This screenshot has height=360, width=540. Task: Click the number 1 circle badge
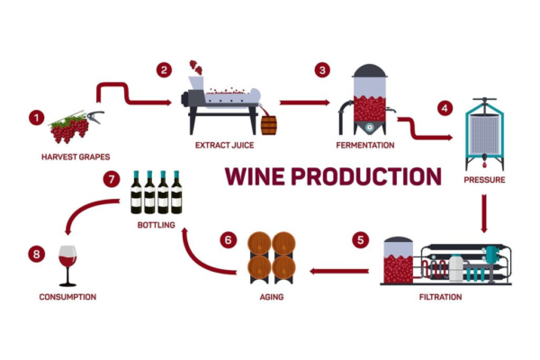(36, 117)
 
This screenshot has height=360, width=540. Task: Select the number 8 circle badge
(36, 255)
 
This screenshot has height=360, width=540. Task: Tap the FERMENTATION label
(364, 144)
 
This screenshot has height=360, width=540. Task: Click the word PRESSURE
(484, 180)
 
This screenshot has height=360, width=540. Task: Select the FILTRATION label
(441, 297)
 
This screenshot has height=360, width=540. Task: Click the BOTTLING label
(156, 225)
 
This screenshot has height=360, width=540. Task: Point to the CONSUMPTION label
(67, 297)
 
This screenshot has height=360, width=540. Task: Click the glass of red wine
(67, 263)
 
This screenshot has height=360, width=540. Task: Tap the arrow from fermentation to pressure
(423, 130)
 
